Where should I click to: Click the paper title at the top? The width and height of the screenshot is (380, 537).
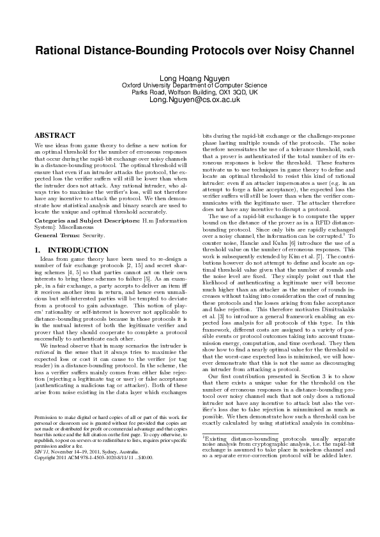pyautogui.click(x=190, y=50)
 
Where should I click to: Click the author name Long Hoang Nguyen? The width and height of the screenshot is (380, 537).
pyautogui.click(x=190, y=77)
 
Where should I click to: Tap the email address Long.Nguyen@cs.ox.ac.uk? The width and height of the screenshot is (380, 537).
pyautogui.click(x=190, y=100)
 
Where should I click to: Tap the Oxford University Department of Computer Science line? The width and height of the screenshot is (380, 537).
pyautogui.click(x=190, y=85)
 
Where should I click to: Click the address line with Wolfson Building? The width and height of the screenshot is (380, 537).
pyautogui.click(x=190, y=92)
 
